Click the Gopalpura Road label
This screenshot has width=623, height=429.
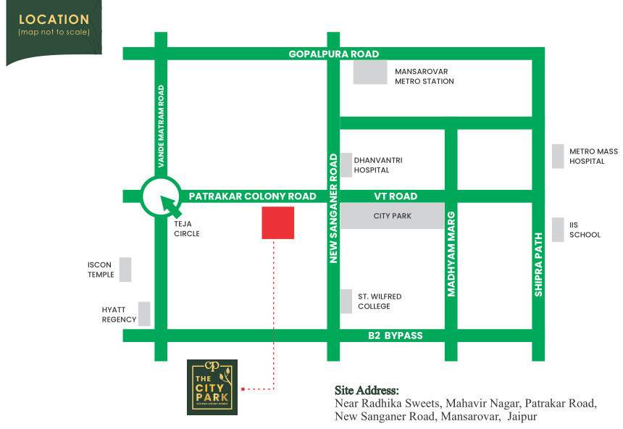click(333, 54)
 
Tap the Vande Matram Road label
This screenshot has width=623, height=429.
click(162, 123)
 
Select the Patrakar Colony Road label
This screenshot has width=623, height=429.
click(252, 196)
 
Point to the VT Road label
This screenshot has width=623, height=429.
click(396, 196)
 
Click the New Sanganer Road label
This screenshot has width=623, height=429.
click(334, 207)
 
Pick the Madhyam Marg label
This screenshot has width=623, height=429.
click(451, 254)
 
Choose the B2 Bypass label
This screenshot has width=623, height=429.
click(394, 336)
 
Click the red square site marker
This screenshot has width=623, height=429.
click(278, 222)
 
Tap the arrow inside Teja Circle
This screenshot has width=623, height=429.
click(170, 204)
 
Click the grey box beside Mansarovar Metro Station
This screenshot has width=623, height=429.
click(370, 73)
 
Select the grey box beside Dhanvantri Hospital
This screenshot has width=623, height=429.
click(346, 164)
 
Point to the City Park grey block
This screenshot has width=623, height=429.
click(392, 216)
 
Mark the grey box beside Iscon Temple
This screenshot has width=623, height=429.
click(126, 270)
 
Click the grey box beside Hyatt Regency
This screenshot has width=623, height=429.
click(144, 314)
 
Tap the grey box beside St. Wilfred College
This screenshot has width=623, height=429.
click(346, 301)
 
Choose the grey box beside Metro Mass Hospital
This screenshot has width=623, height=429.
click(558, 157)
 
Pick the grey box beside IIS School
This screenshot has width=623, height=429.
click(558, 230)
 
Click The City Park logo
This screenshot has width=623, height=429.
click(212, 387)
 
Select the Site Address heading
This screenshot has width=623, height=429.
click(367, 391)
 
